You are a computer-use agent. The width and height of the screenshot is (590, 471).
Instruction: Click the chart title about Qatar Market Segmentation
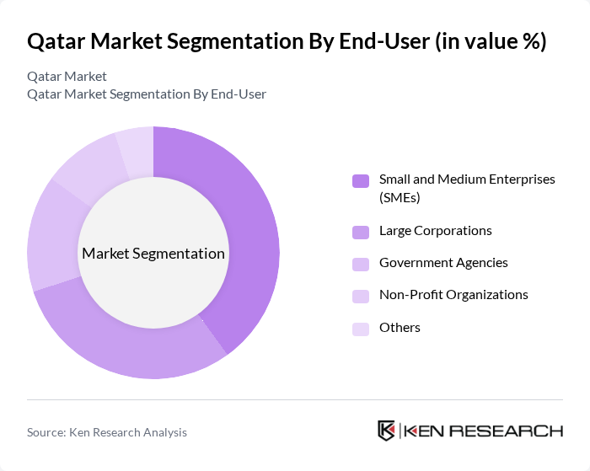click(287, 41)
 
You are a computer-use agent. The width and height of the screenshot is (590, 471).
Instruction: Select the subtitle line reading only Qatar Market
click(67, 76)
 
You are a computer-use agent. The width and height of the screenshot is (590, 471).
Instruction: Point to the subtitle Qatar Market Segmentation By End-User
click(147, 94)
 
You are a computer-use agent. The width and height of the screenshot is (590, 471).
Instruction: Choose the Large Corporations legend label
click(435, 231)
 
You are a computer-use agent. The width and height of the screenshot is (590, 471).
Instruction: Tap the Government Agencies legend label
click(443, 263)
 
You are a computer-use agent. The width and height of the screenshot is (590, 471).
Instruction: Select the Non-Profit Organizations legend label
click(453, 295)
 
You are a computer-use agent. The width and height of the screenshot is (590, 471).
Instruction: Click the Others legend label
click(400, 328)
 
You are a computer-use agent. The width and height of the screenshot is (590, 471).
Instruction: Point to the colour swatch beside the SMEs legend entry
click(361, 181)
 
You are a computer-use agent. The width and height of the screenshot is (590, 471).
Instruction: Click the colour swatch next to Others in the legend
click(361, 329)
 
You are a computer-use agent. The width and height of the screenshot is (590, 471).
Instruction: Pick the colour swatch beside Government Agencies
click(361, 264)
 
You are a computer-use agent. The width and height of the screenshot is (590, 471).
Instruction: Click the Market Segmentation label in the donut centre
click(153, 254)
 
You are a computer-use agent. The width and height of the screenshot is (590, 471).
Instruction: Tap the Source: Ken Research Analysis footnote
click(107, 432)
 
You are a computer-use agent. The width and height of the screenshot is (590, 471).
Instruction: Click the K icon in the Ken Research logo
click(387, 431)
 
